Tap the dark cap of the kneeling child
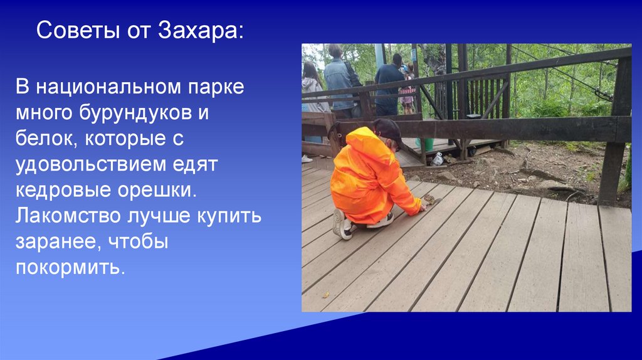point(387,130)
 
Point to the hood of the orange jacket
point(362,139)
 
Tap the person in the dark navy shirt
point(388,85)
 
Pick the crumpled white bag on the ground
point(437,159)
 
